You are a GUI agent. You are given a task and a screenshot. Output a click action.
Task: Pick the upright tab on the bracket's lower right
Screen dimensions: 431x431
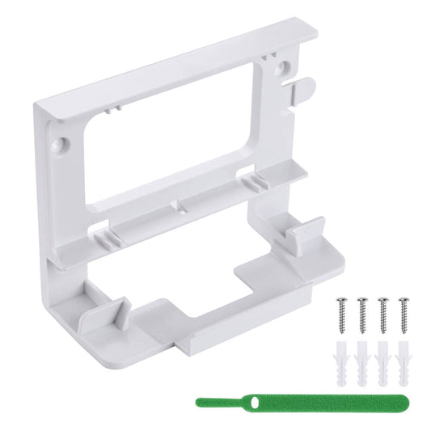coord(306,236)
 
